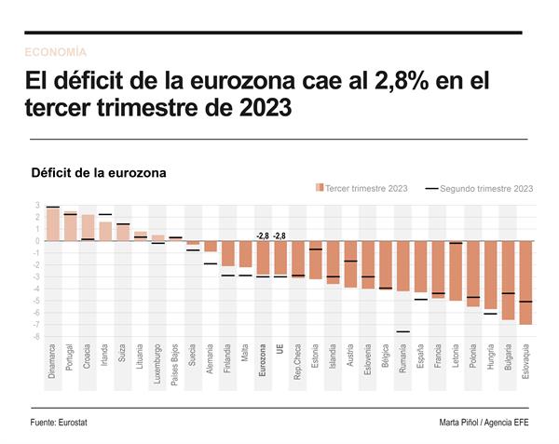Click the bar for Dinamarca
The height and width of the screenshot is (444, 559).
click(x=53, y=224)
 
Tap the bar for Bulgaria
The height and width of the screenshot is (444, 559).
click(x=508, y=280)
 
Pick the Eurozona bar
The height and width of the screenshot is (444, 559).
click(x=263, y=258)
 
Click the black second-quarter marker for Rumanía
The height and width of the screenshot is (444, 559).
click(x=402, y=331)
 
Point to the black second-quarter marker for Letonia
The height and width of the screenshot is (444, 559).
click(x=456, y=243)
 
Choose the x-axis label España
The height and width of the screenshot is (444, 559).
click(x=420, y=357)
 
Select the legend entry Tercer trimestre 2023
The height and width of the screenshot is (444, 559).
click(x=363, y=188)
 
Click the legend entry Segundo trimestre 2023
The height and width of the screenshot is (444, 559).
click(x=480, y=188)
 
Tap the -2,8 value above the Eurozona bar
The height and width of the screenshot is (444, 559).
click(x=262, y=235)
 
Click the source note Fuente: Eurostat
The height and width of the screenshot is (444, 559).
click(x=65, y=423)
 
